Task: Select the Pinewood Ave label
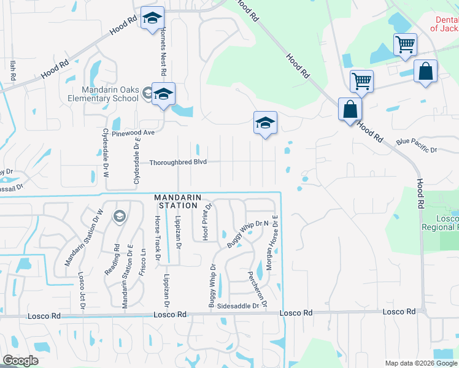pyautogui.click(x=133, y=132)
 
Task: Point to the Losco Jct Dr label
pyautogui.click(x=80, y=289)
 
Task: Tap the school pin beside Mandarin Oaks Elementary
pyautogui.click(x=164, y=94)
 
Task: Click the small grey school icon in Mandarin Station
pyautogui.click(x=120, y=216)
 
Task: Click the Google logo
pyautogui.click(x=20, y=361)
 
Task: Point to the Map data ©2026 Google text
pyautogui.click(x=421, y=362)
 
